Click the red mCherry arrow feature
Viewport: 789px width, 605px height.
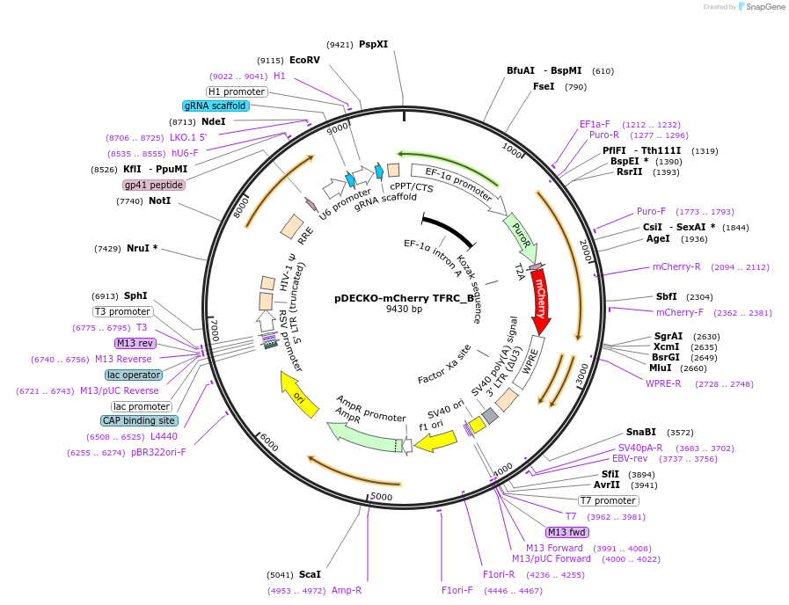[x=540, y=303]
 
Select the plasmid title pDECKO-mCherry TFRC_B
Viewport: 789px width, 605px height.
[x=404, y=297]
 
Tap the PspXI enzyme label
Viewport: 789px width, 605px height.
[x=373, y=44]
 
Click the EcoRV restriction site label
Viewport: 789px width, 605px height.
[x=304, y=60]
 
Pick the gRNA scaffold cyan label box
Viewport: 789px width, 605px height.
[x=216, y=106]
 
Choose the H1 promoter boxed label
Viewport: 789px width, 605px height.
[x=237, y=91]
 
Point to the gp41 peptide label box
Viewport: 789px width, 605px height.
[x=154, y=185]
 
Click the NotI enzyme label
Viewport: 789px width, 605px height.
[x=159, y=200]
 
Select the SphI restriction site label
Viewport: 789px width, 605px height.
[x=135, y=295]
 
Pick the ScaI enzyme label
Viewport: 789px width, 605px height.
[x=310, y=574]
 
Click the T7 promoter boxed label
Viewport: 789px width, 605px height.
[x=609, y=500]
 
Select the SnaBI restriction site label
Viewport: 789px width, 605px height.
[x=641, y=432]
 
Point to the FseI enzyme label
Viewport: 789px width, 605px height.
[x=544, y=86]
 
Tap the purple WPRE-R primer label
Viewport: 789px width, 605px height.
[x=664, y=383]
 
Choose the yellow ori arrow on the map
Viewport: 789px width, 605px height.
[x=297, y=395]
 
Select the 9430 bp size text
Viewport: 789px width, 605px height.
[x=404, y=310]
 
